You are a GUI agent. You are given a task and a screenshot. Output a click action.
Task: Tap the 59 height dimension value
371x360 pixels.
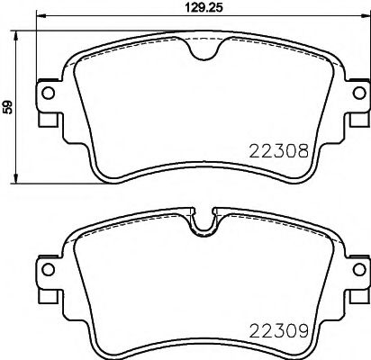8,106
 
